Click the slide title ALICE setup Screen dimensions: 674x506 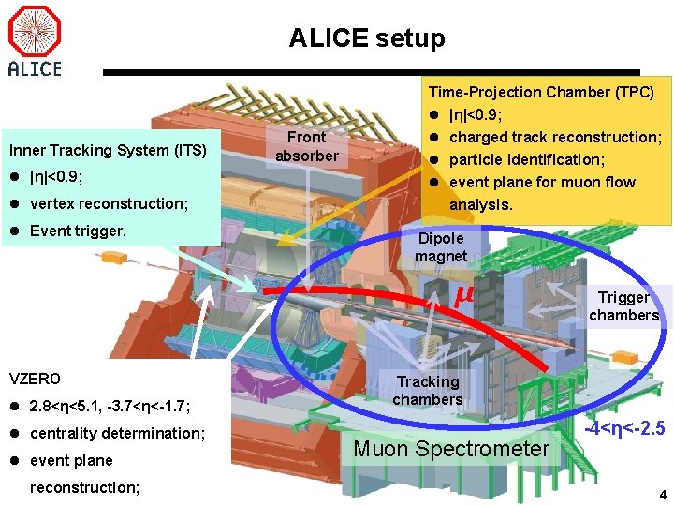click(367, 38)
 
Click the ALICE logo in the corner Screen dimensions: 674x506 click(35, 41)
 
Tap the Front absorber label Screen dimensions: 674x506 click(306, 146)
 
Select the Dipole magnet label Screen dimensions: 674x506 click(441, 247)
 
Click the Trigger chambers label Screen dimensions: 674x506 click(623, 306)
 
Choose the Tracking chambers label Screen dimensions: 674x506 click(427, 391)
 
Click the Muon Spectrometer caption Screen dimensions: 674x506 click(451, 450)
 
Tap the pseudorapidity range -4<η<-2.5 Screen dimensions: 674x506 click(624, 429)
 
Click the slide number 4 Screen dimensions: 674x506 click(662, 495)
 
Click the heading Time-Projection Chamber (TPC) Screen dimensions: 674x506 click(541, 92)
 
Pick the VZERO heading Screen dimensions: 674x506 click(34, 379)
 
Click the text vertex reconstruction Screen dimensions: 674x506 click(109, 203)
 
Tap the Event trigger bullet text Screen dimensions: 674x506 click(78, 231)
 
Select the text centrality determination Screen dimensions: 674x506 click(117, 433)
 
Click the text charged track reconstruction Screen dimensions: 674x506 click(555, 137)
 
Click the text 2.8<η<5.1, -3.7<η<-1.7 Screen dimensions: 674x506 click(110, 407)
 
